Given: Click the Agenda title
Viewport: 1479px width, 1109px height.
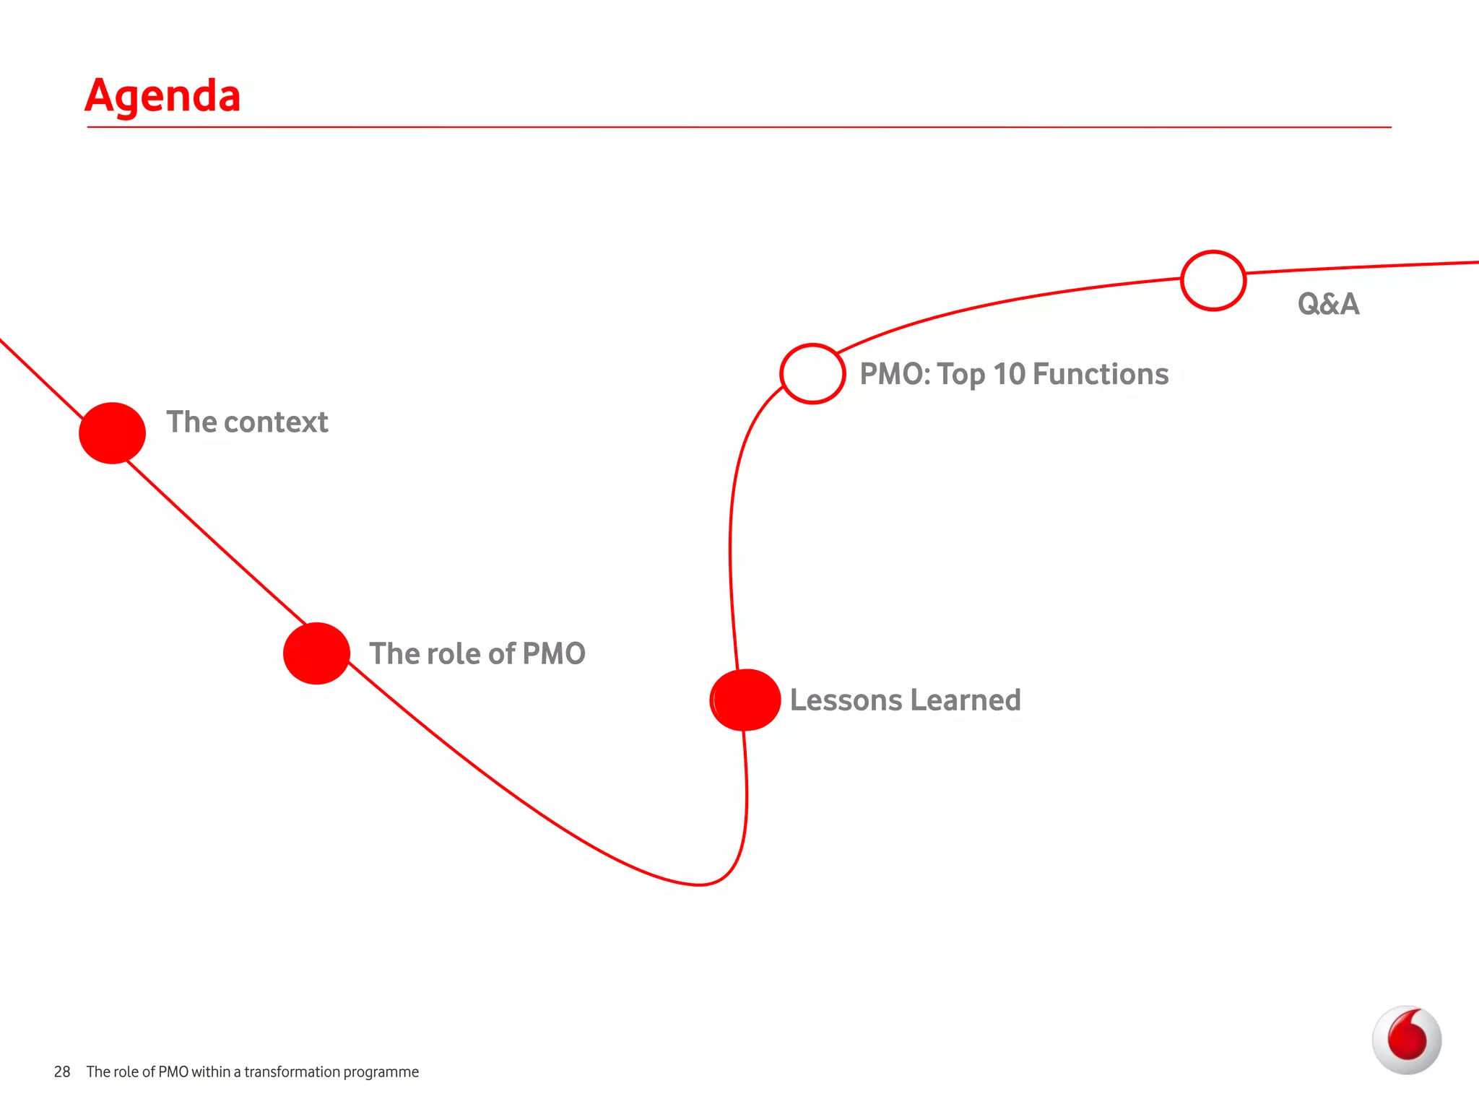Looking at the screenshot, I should pyautogui.click(x=162, y=96).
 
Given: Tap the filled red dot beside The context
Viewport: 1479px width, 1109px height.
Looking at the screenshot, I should pyautogui.click(x=113, y=432).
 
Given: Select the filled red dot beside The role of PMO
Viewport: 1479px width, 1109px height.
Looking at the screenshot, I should pyautogui.click(x=316, y=653).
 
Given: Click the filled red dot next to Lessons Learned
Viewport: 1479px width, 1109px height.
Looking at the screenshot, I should pyautogui.click(x=745, y=700).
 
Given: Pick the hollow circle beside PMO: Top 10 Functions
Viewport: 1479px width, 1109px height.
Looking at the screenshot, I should pyautogui.click(x=812, y=373).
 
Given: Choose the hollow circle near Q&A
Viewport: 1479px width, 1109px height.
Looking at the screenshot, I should pyautogui.click(x=1213, y=281).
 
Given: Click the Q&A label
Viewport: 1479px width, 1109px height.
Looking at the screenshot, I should pyautogui.click(x=1328, y=304).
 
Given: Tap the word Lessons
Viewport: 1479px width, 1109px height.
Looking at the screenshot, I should pyautogui.click(x=846, y=700).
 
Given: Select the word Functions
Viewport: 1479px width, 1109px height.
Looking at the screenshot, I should pyautogui.click(x=1101, y=374).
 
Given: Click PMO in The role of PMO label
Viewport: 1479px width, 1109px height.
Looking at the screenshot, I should pyautogui.click(x=553, y=654).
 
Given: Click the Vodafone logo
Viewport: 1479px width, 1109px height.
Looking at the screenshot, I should pyautogui.click(x=1406, y=1040).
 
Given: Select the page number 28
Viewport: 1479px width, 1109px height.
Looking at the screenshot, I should pyautogui.click(x=62, y=1072).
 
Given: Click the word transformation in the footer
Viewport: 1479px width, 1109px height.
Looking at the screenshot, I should pyautogui.click(x=292, y=1072).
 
